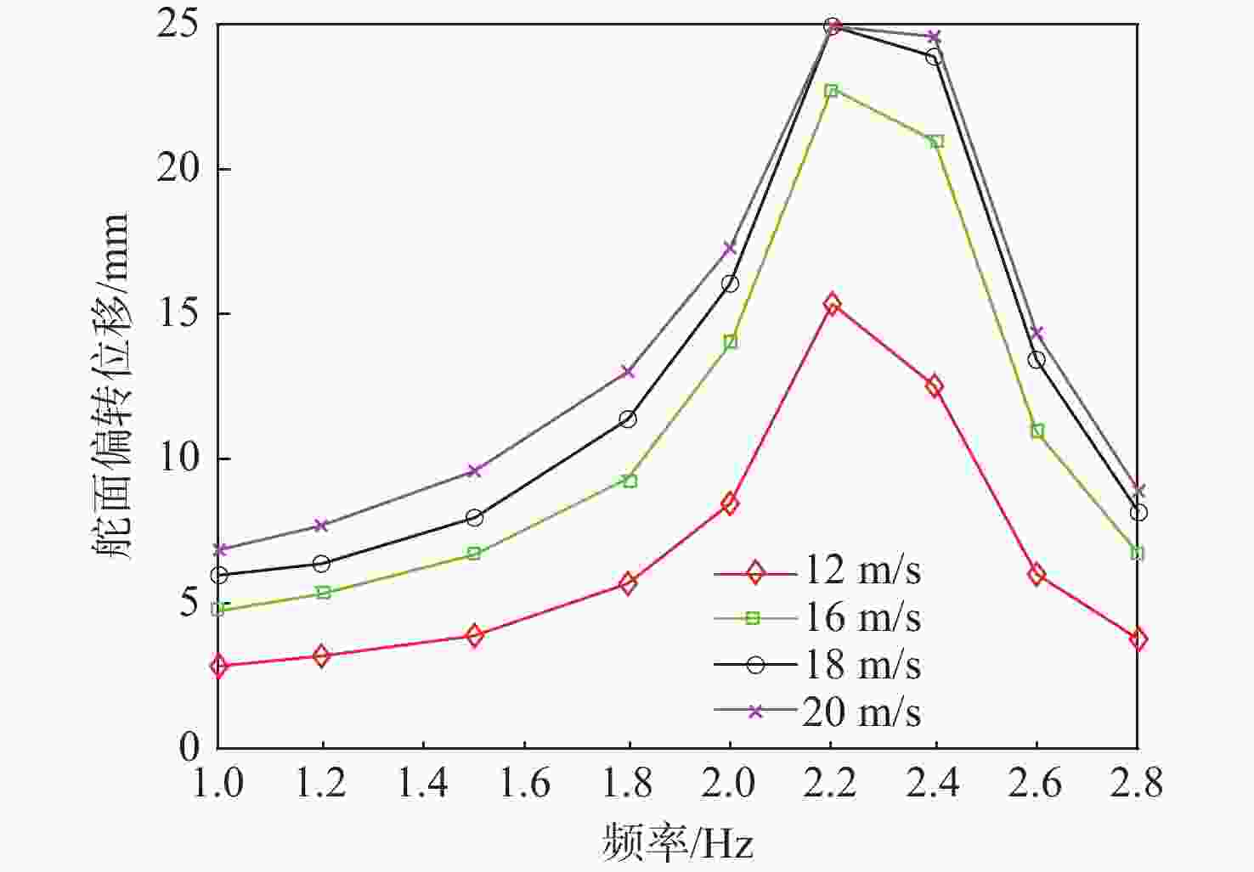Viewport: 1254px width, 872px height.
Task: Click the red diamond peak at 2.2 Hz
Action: [832, 304]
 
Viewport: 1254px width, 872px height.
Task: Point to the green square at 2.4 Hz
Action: [935, 141]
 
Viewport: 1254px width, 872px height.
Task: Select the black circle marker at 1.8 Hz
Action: [628, 419]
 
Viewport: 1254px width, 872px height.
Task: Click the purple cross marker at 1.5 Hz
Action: [474, 470]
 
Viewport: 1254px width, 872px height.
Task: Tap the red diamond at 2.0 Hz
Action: [730, 504]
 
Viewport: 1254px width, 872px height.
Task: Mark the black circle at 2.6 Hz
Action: [1037, 359]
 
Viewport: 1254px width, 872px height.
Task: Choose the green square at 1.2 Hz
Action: [322, 592]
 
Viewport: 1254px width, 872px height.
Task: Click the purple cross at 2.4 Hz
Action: [934, 37]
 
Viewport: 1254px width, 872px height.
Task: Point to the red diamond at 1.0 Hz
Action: [219, 666]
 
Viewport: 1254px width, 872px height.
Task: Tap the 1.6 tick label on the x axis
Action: [524, 783]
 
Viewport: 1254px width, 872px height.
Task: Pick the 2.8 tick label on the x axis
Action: [1137, 783]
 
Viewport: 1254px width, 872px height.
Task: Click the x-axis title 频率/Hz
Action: [678, 843]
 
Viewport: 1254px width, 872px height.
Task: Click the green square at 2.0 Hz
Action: [730, 342]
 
